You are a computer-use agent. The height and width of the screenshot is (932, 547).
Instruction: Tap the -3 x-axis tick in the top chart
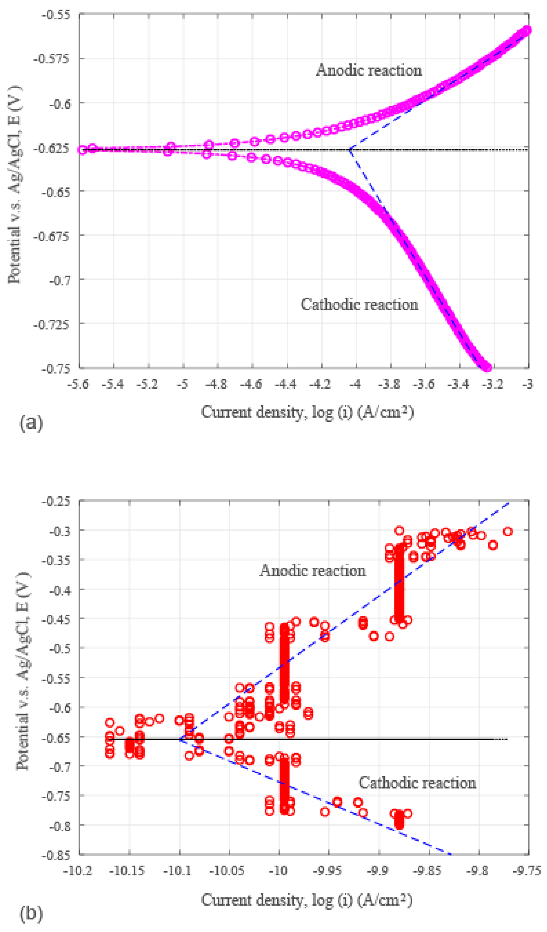tap(528, 385)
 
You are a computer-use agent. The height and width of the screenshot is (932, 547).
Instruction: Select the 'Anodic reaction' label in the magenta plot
tap(369, 70)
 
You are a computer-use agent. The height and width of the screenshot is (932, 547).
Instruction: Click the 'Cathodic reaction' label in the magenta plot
tap(359, 305)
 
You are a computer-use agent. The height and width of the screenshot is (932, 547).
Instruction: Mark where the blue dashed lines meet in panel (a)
tap(349, 149)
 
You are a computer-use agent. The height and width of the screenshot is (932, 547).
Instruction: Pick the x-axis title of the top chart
tap(307, 412)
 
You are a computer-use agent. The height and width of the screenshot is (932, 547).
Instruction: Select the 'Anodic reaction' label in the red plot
tap(312, 571)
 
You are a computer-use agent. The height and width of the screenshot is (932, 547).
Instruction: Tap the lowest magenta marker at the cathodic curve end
tap(488, 367)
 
